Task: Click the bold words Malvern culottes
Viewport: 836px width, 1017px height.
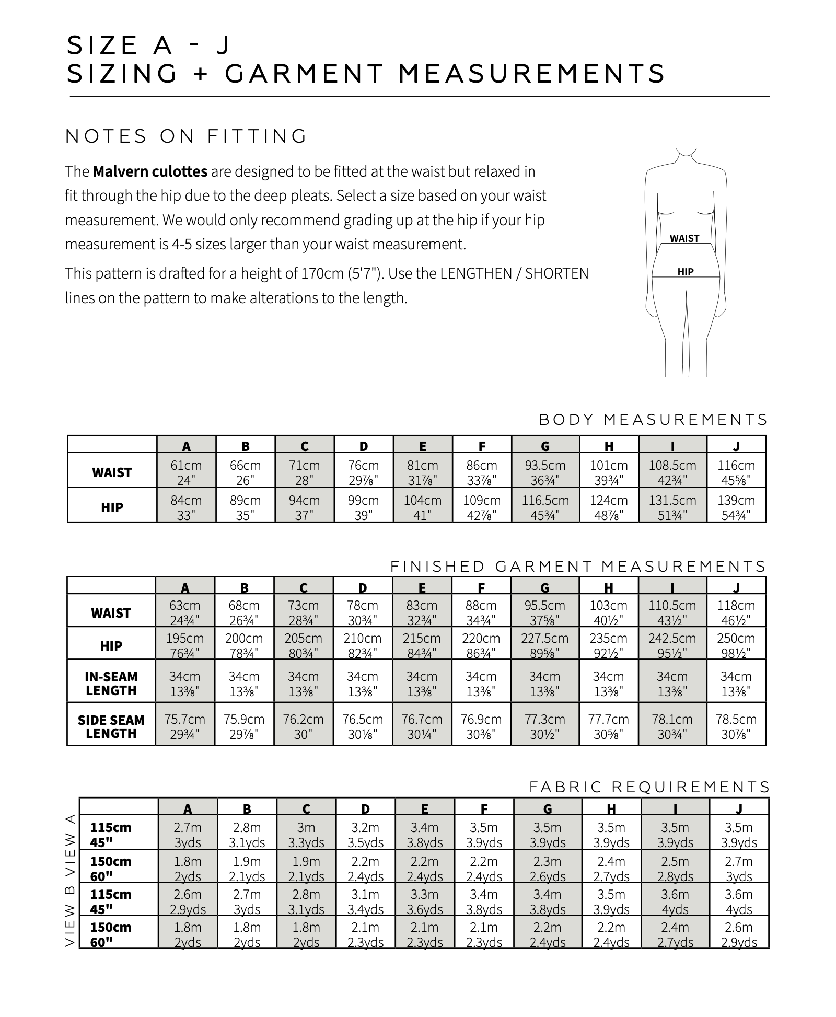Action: (150, 171)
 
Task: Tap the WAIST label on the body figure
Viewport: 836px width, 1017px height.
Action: (684, 238)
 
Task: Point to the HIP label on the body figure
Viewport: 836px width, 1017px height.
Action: (685, 272)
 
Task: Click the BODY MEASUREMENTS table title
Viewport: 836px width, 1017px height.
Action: (653, 420)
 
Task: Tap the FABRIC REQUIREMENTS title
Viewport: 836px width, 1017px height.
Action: (649, 787)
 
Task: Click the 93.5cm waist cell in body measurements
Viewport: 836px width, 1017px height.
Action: (545, 471)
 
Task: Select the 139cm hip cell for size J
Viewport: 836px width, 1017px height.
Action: (736, 506)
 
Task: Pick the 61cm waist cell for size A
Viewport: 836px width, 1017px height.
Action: (185, 471)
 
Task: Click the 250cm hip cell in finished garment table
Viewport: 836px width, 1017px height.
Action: (736, 644)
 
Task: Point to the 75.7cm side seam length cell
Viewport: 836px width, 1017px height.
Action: (184, 725)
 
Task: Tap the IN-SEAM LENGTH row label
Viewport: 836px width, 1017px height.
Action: (111, 683)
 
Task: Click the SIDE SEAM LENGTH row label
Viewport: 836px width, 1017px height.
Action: (111, 726)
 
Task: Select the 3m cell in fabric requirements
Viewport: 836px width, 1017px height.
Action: (306, 834)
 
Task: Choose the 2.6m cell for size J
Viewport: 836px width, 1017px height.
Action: (739, 934)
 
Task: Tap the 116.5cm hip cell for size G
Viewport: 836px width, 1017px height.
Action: (545, 506)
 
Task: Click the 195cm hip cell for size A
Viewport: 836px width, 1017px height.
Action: (184, 644)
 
